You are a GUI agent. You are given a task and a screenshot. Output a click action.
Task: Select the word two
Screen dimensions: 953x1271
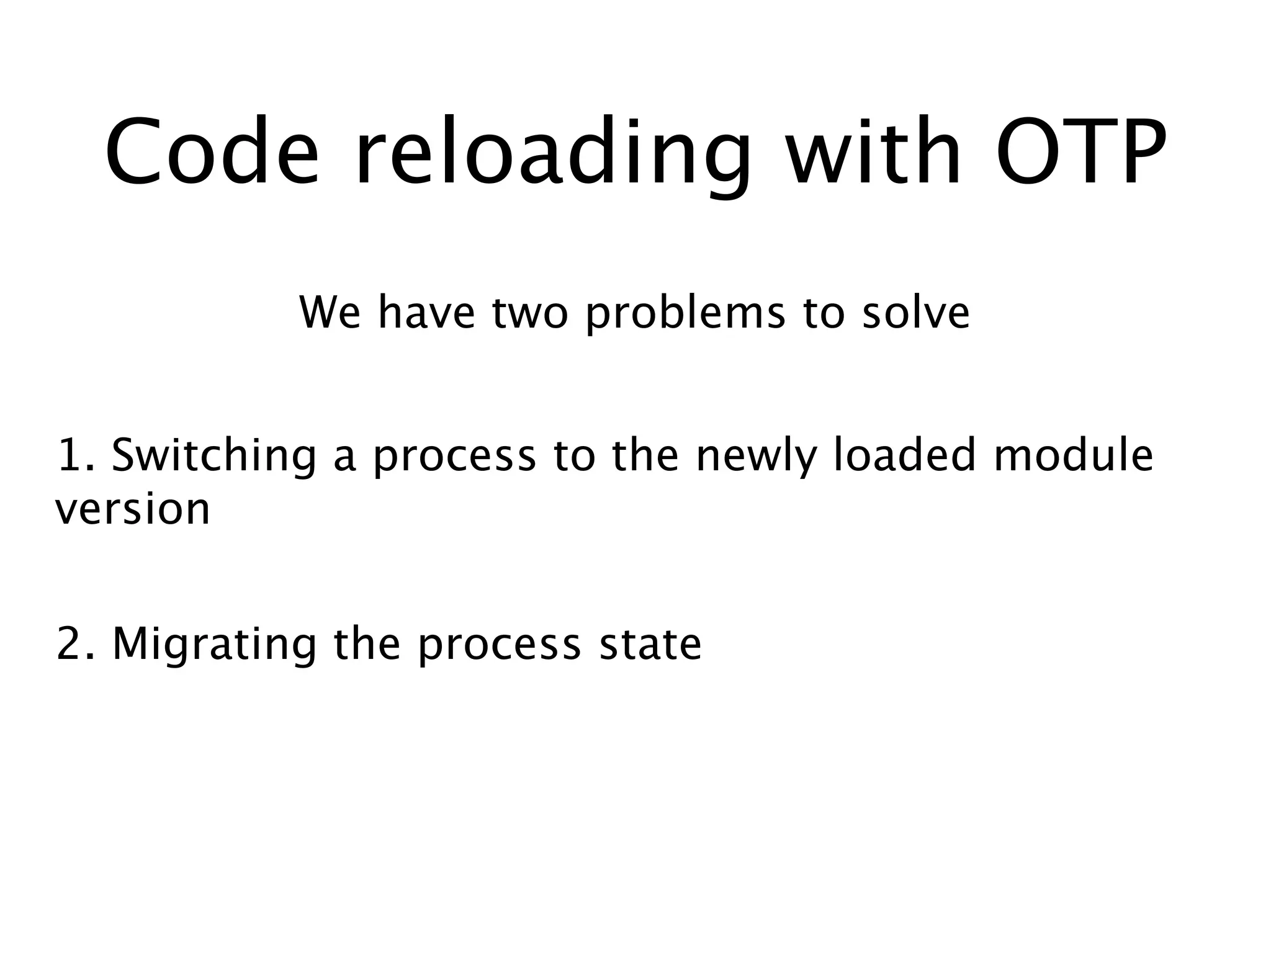(530, 313)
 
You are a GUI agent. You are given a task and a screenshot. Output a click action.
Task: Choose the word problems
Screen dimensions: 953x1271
(685, 313)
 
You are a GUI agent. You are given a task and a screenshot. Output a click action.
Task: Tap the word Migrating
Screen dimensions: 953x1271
(214, 645)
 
